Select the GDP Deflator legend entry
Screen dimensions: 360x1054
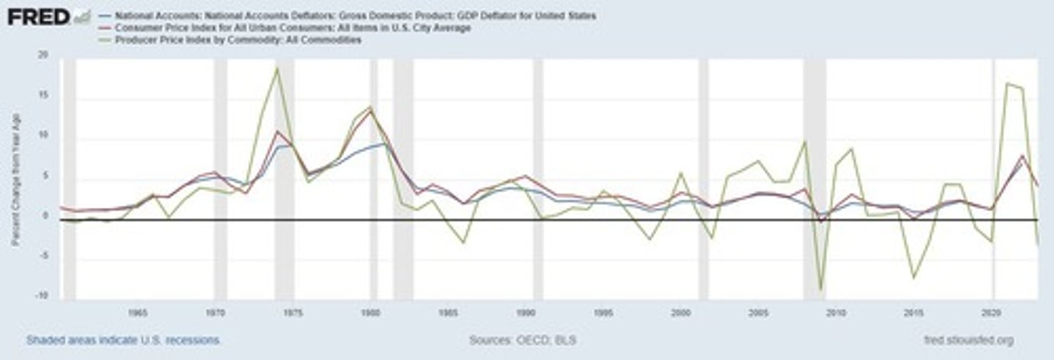click(351, 15)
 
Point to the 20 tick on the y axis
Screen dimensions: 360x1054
click(42, 56)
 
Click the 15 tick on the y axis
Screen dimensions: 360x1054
click(42, 96)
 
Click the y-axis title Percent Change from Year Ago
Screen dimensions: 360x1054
click(15, 176)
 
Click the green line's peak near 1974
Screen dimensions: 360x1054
click(277, 68)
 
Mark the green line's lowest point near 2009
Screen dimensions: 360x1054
click(821, 290)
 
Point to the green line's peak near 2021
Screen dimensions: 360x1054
click(1008, 83)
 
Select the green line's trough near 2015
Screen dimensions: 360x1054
click(913, 277)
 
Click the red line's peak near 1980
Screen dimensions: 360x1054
click(370, 110)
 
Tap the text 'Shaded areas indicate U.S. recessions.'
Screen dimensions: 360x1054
click(124, 340)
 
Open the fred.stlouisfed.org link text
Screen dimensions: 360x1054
click(969, 340)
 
